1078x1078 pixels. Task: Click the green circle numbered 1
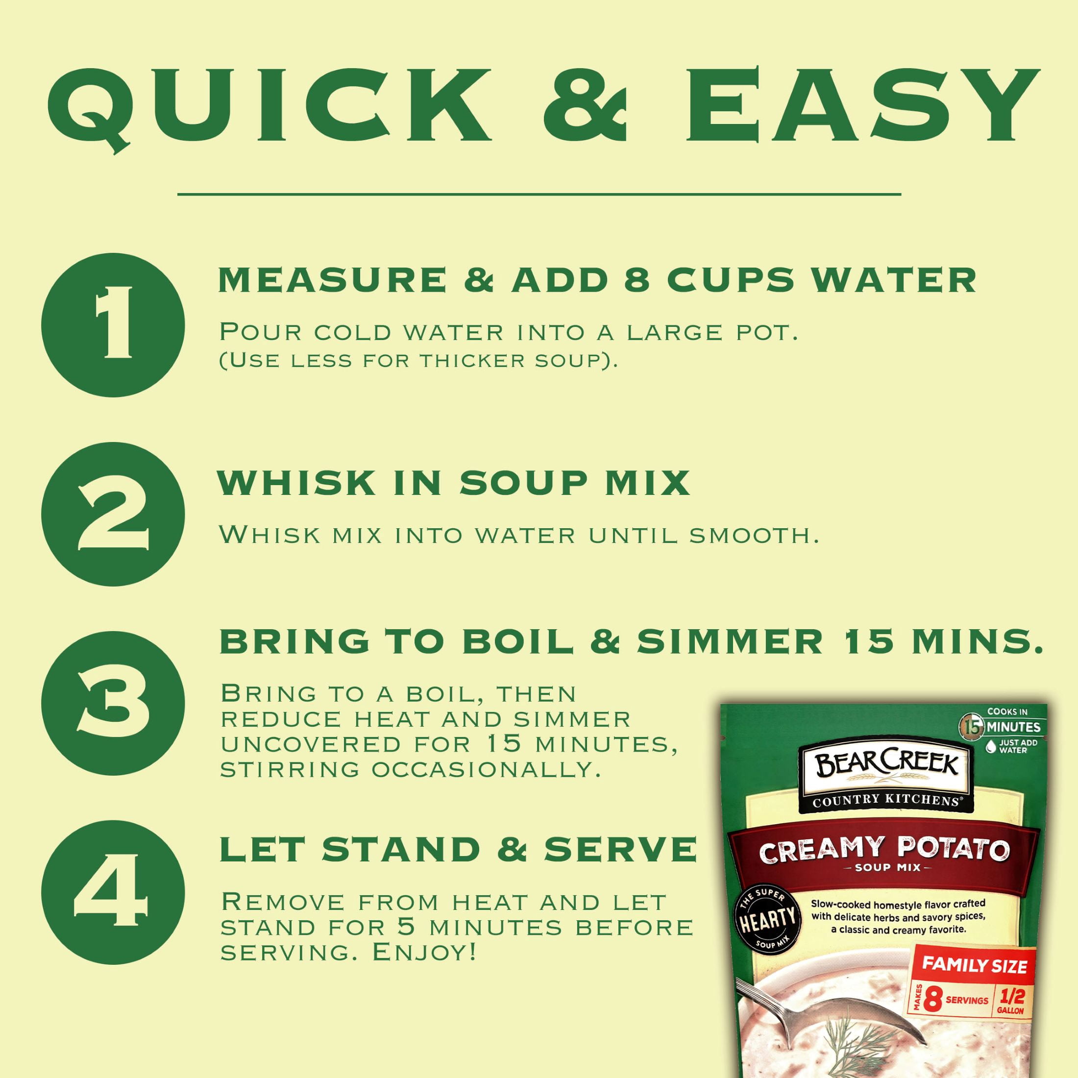tap(113, 325)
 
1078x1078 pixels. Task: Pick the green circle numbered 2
tap(113, 514)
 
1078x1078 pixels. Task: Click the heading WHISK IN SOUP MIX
tap(454, 483)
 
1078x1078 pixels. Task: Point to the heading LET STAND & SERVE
tap(458, 849)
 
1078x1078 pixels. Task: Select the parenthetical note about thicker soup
tap(419, 361)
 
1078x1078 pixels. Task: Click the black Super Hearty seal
tap(767, 918)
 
